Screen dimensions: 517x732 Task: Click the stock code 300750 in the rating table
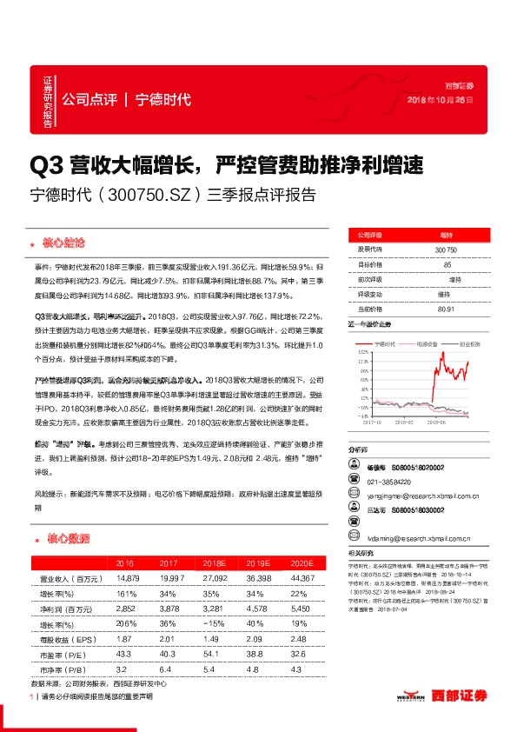(x=446, y=250)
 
